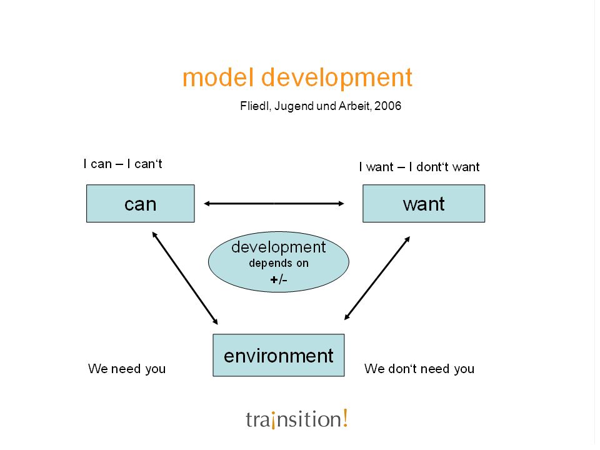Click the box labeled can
(x=141, y=204)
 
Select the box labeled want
(x=424, y=204)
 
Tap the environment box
(x=279, y=355)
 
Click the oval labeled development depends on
(x=279, y=262)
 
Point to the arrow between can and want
(x=274, y=204)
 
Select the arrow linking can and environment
(x=185, y=278)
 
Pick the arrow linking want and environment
(x=377, y=278)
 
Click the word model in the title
(x=218, y=77)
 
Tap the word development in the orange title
(x=337, y=79)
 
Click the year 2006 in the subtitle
(x=387, y=106)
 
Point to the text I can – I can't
(x=122, y=164)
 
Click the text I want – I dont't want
(x=419, y=167)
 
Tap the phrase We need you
(x=127, y=369)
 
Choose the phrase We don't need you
(x=419, y=369)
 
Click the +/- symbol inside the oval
(x=279, y=280)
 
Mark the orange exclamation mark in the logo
(x=345, y=417)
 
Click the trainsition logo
(x=297, y=419)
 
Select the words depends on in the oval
(x=279, y=263)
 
